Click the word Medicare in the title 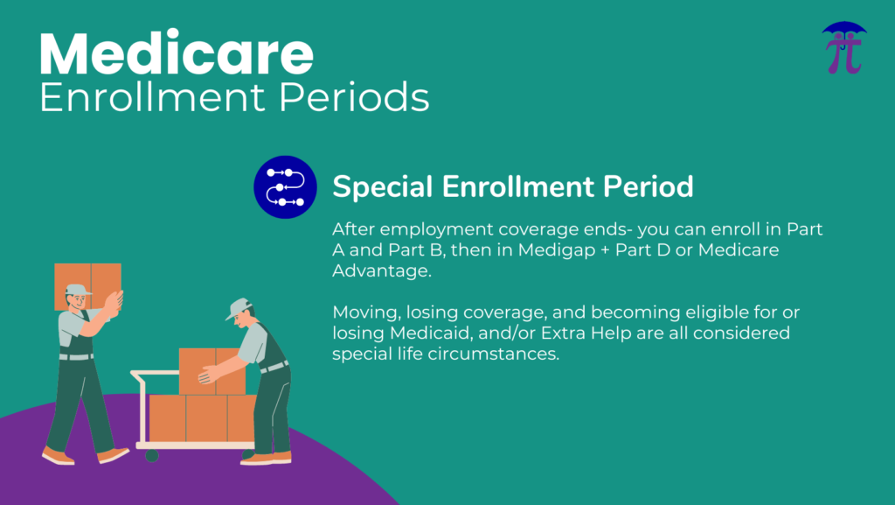click(177, 53)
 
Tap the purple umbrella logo click(844, 48)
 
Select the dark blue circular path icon click(286, 187)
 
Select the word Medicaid click(429, 333)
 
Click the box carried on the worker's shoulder click(88, 285)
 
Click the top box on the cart click(212, 371)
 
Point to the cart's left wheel click(151, 455)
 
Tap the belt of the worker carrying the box click(77, 356)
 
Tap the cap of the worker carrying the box click(78, 290)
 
